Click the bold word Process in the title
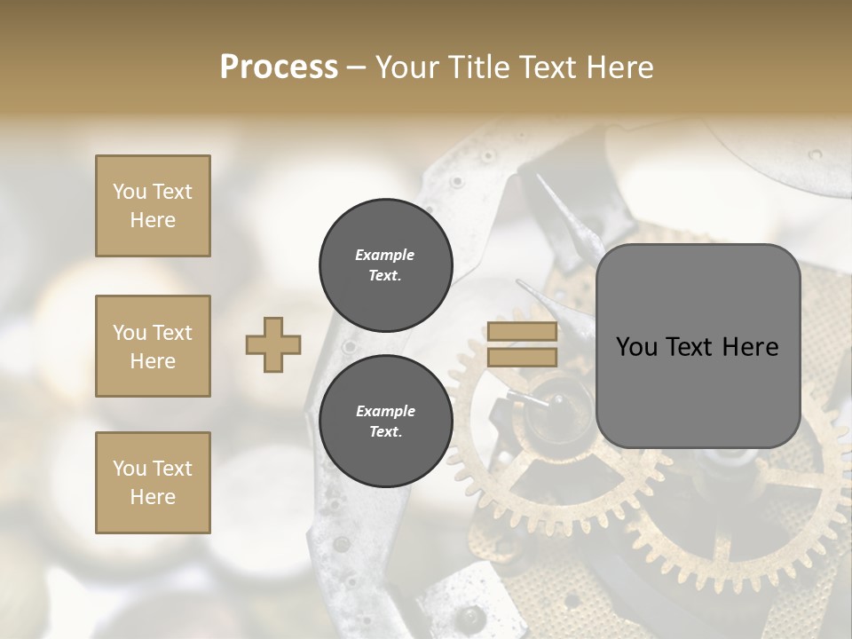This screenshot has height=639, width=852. tap(279, 67)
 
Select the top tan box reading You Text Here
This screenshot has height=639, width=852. tap(153, 206)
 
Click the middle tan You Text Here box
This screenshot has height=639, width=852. tap(153, 346)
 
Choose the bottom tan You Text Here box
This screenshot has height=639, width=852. tap(153, 483)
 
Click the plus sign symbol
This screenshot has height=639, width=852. tap(273, 344)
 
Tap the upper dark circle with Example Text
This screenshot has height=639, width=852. tap(385, 265)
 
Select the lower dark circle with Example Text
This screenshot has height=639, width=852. tap(385, 422)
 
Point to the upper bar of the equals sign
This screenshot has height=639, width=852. tap(522, 332)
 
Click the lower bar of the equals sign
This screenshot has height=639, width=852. tap(522, 357)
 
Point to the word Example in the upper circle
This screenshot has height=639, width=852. tap(384, 255)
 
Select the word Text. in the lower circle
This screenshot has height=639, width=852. tap(385, 432)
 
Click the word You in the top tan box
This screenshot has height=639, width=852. tap(129, 192)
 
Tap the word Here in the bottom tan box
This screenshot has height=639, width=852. tap(153, 497)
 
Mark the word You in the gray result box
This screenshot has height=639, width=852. tap(636, 347)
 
